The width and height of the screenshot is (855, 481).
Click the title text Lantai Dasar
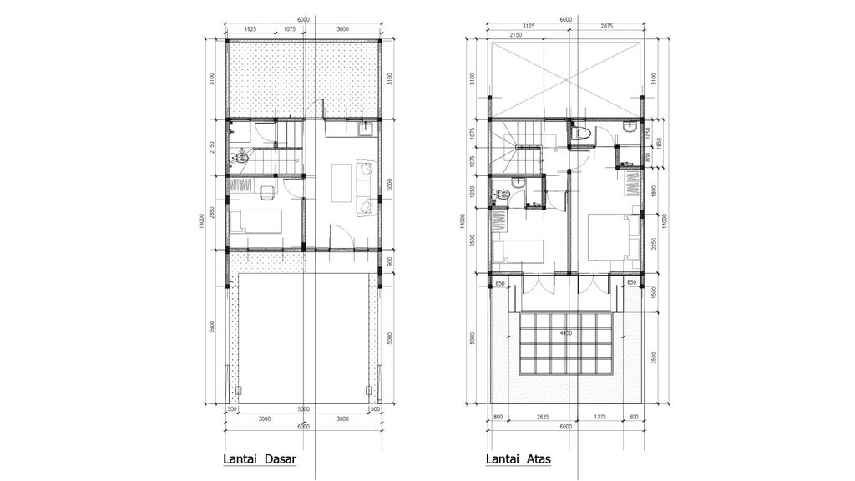[x=260, y=459]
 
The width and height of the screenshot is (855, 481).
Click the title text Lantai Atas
[x=517, y=459]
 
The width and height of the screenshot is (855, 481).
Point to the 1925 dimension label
[x=250, y=29]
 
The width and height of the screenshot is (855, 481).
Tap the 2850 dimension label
[x=213, y=214]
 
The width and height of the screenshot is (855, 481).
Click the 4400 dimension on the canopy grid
[x=567, y=334]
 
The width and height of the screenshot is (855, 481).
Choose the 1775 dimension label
[x=599, y=416]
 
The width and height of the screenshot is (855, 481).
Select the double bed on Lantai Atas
[x=613, y=236]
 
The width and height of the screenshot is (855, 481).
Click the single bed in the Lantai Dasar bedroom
[x=255, y=221]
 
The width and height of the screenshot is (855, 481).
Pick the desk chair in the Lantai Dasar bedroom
[x=266, y=194]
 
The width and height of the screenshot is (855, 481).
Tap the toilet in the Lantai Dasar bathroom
[x=240, y=156]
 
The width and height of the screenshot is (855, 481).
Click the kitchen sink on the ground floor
[x=364, y=129]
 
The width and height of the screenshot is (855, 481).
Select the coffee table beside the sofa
[x=342, y=183]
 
